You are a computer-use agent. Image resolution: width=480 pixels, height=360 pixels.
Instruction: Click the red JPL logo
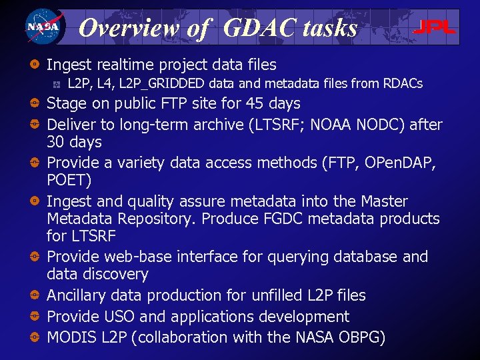pyautogui.click(x=434, y=27)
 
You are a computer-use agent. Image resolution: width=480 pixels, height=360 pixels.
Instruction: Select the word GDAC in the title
pyautogui.click(x=254, y=27)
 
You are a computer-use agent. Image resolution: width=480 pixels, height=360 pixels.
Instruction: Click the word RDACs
pyautogui.click(x=403, y=84)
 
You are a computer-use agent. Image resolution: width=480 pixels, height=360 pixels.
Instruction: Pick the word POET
pyautogui.click(x=67, y=180)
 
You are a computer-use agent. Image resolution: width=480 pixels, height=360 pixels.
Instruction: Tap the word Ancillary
pyautogui.click(x=77, y=295)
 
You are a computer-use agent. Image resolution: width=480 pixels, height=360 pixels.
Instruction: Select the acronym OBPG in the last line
pyautogui.click(x=359, y=337)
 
